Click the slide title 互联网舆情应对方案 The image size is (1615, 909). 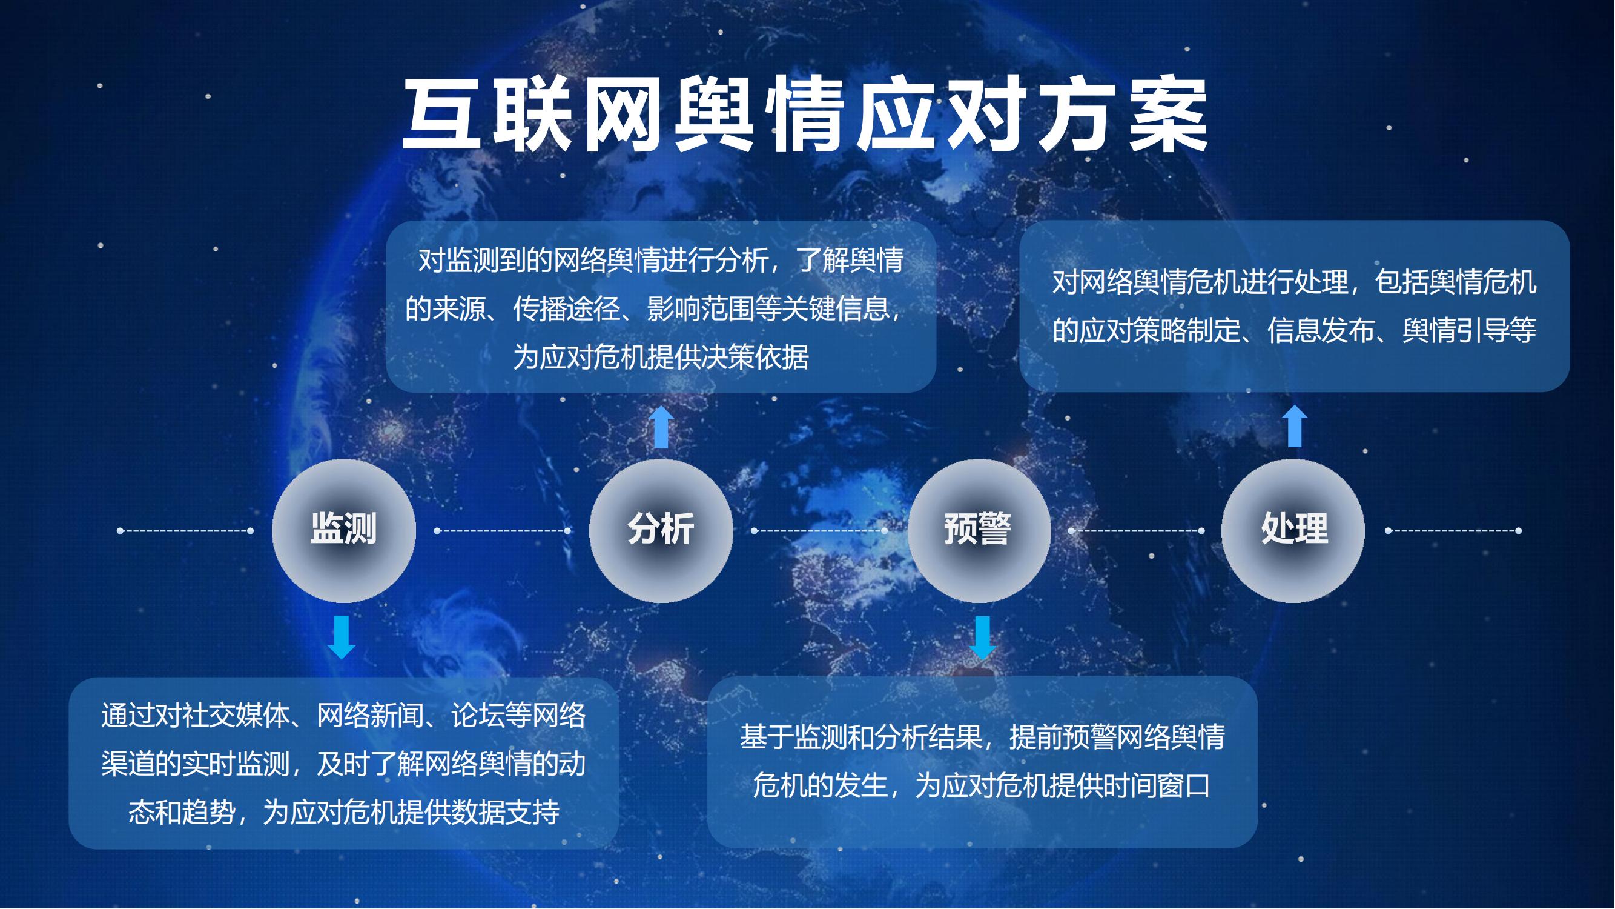click(x=805, y=115)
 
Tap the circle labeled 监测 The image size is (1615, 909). click(x=343, y=531)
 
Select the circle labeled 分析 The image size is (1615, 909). click(x=661, y=531)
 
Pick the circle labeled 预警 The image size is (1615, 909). click(x=979, y=531)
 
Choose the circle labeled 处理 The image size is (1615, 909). click(x=1293, y=531)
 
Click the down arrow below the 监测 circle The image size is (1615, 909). click(x=342, y=638)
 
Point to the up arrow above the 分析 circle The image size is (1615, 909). click(x=661, y=427)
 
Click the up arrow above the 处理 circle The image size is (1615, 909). click(x=1295, y=426)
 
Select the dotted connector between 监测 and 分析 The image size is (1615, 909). click(x=502, y=531)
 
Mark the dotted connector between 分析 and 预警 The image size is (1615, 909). click(x=819, y=531)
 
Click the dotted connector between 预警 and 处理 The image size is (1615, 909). click(x=1137, y=531)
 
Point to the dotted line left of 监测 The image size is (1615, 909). click(x=185, y=531)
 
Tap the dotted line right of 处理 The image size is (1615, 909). click(x=1453, y=531)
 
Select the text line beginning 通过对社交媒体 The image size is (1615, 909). click(x=343, y=716)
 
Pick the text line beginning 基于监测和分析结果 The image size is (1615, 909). click(x=982, y=737)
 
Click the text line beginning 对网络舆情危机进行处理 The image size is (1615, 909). click(x=1295, y=282)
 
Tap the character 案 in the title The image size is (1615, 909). click(x=1169, y=115)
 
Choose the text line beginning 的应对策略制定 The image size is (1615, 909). click(x=1295, y=331)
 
